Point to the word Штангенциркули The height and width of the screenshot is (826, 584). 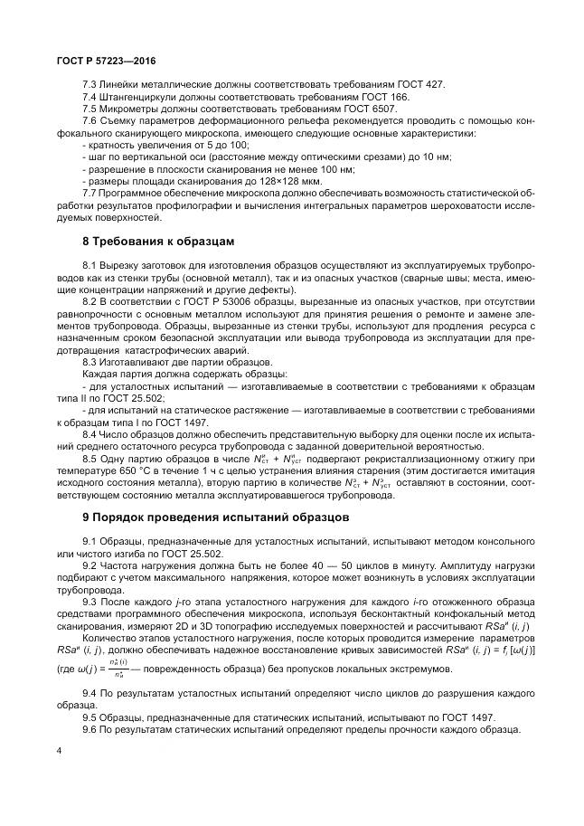(x=140, y=96)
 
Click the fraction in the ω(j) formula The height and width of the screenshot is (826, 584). (x=115, y=670)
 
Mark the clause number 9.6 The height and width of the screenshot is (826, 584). (x=90, y=729)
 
